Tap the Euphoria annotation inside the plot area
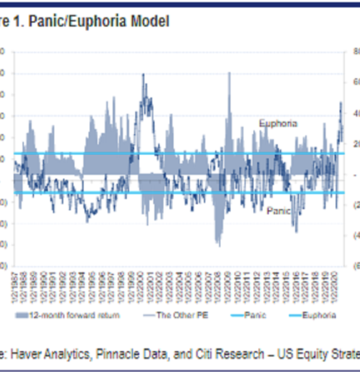point(278,123)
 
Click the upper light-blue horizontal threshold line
point(180,154)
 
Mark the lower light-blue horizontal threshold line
point(180,193)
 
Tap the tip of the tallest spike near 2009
point(229,73)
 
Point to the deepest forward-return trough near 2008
point(218,245)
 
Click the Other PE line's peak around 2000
point(143,74)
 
